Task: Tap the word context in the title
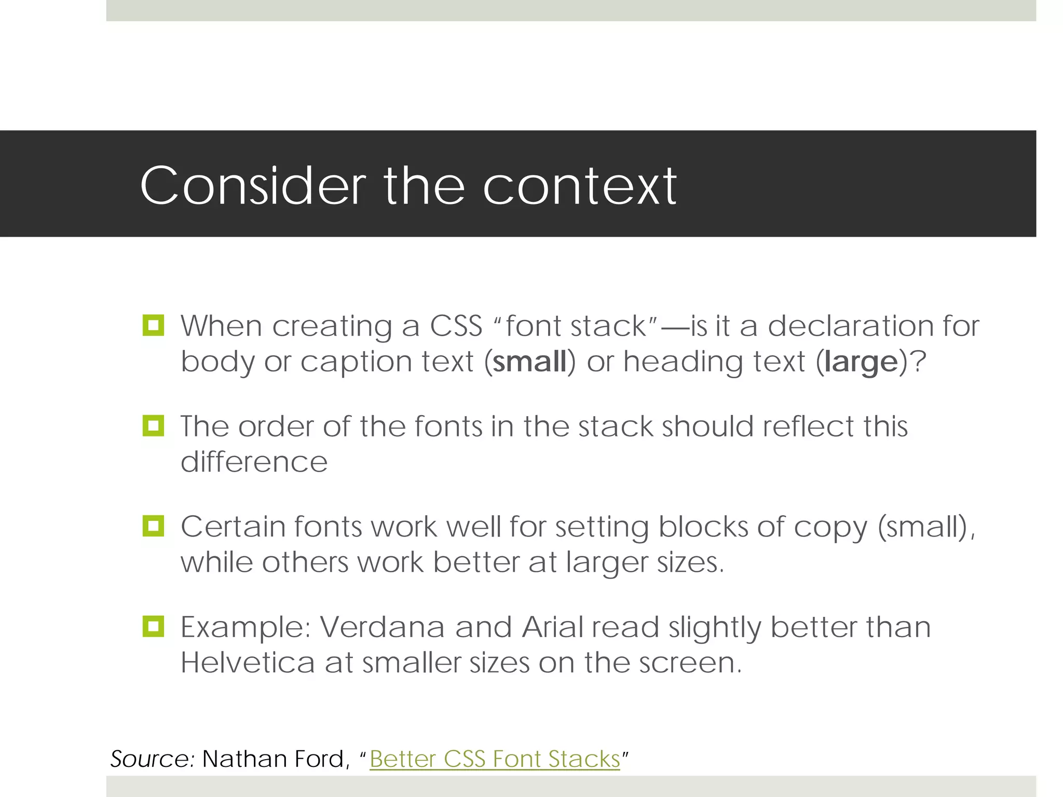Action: point(580,186)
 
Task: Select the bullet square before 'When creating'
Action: point(153,326)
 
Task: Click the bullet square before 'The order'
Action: point(153,426)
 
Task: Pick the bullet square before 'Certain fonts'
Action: point(153,526)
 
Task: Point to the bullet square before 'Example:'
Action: point(153,626)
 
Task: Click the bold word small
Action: point(529,362)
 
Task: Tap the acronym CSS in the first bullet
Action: point(456,326)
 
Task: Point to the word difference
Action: point(254,462)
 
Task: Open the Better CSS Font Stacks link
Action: point(495,759)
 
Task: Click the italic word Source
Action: point(152,759)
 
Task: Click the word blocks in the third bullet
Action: point(703,527)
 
